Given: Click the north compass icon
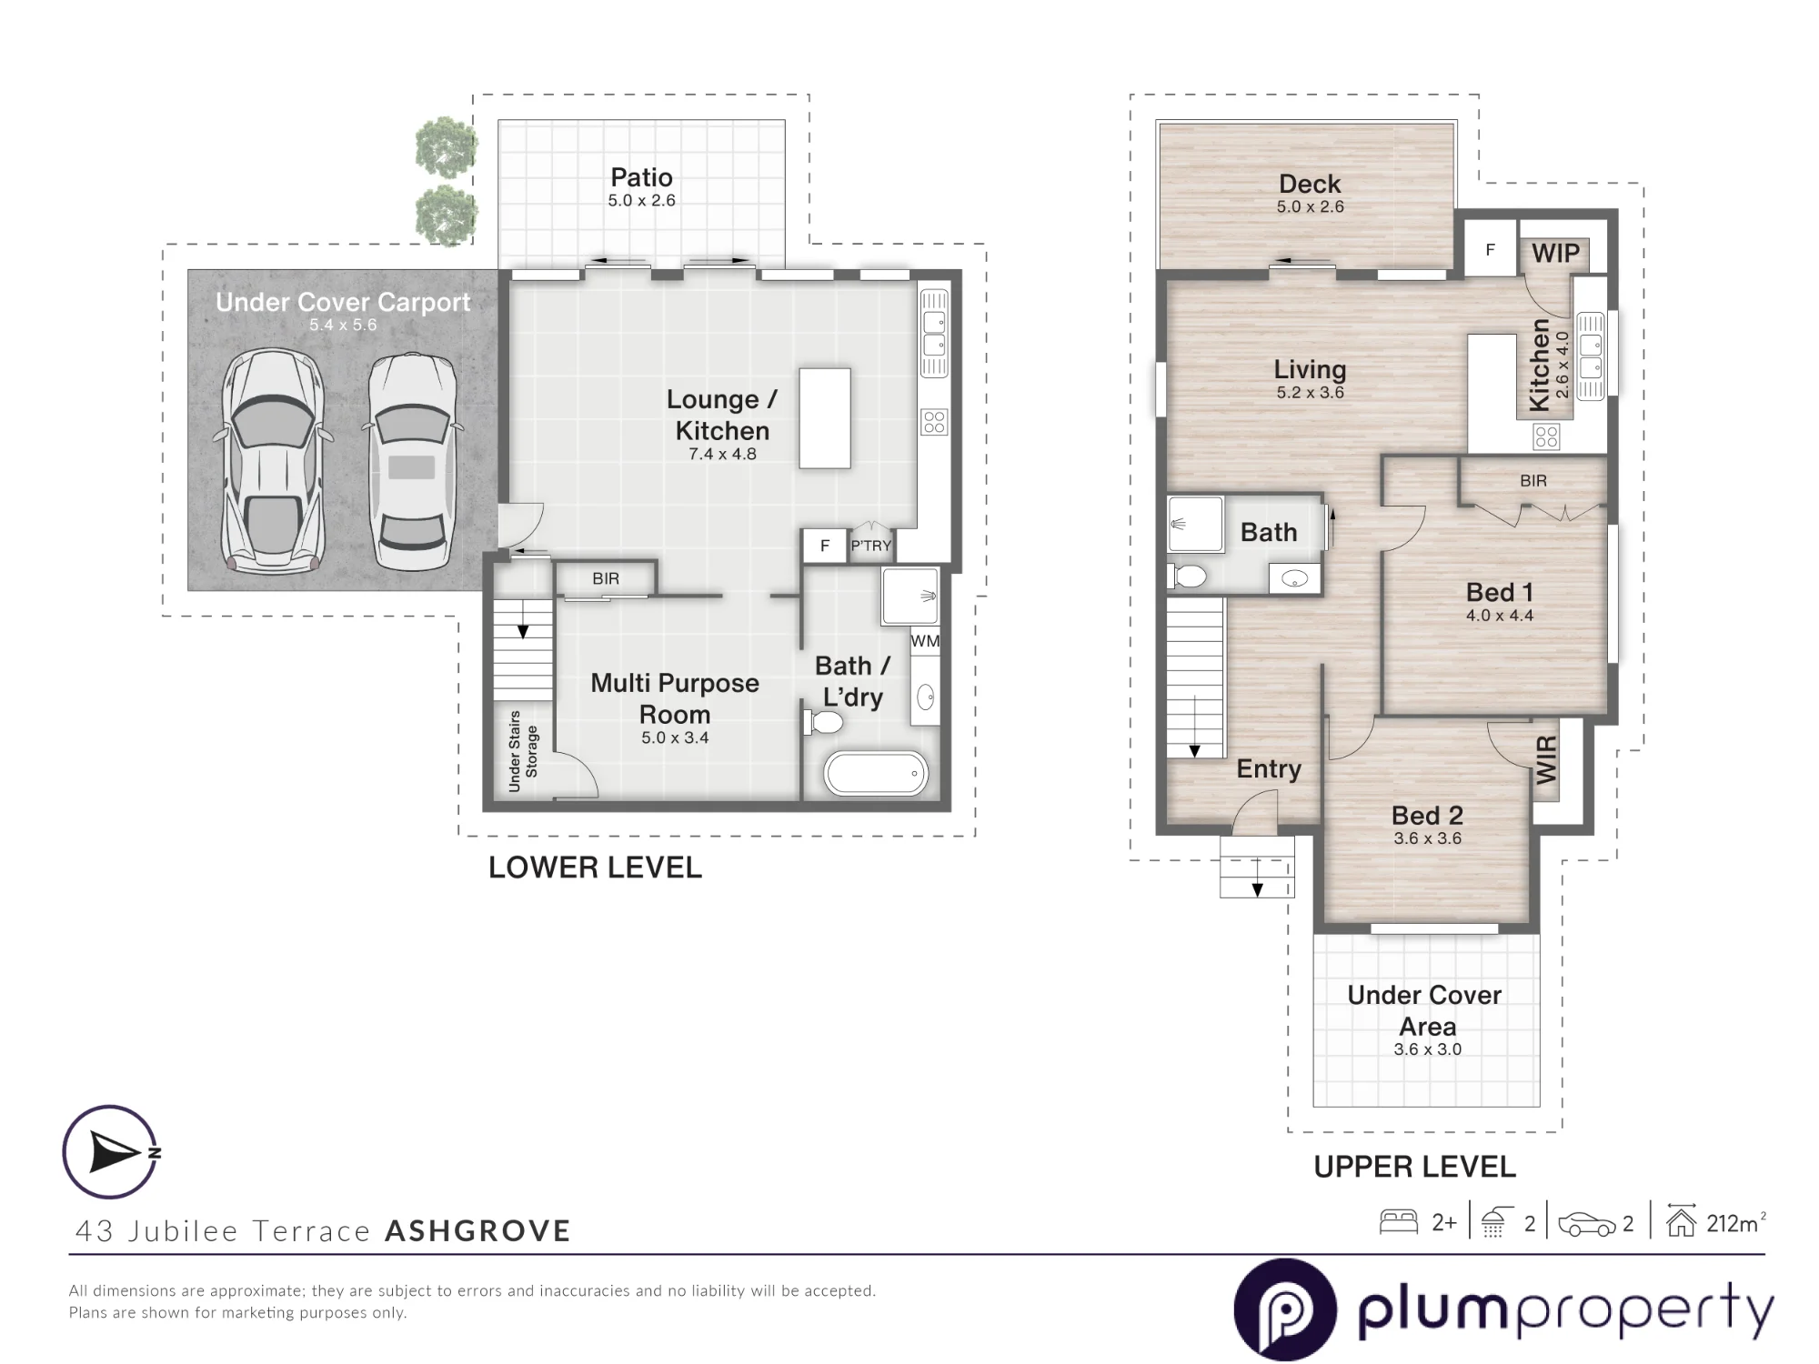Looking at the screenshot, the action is (111, 1152).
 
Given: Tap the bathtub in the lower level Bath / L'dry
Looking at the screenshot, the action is (875, 774).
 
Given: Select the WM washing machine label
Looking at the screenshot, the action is (925, 641).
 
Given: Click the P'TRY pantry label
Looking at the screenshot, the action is (870, 546).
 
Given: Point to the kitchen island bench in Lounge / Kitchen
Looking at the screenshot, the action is (825, 418).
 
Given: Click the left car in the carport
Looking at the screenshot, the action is (272, 461).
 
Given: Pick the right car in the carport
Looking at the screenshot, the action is (412, 462).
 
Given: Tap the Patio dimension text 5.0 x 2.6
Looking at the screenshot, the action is (642, 201).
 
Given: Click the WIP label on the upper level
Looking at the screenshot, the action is (1556, 253).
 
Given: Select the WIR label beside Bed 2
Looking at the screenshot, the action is (1546, 760).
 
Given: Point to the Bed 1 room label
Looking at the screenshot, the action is (1500, 592).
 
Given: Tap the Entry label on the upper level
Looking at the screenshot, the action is (1269, 769).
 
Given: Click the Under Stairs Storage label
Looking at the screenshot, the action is (523, 751).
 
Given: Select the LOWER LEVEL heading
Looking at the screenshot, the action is (596, 868).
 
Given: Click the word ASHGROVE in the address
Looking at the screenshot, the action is (478, 1231).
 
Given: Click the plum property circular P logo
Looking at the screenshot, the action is (1285, 1309).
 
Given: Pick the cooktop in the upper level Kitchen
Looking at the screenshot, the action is (1546, 437).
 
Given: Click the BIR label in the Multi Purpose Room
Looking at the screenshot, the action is (606, 578).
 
